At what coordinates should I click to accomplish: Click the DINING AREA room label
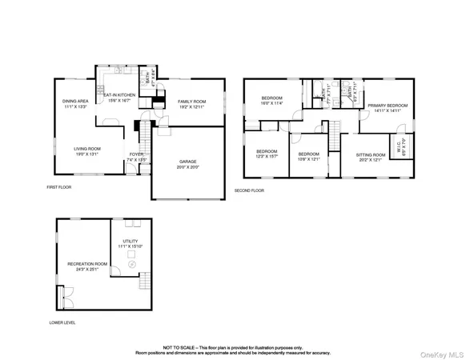point(75,101)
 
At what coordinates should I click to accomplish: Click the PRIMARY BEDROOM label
point(387,106)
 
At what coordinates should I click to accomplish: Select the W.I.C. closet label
point(403,145)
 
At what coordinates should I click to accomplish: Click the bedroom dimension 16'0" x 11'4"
point(272,104)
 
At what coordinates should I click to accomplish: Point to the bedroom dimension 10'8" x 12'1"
point(308,158)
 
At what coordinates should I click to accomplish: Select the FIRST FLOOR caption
point(59,188)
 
